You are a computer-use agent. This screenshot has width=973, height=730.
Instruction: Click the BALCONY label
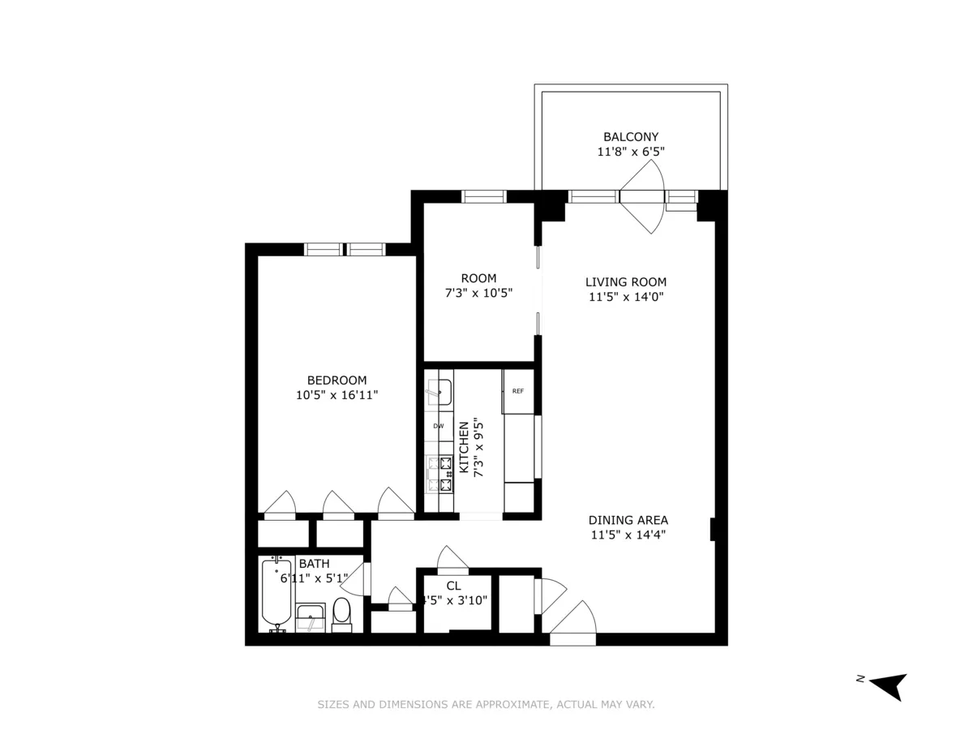pyautogui.click(x=631, y=137)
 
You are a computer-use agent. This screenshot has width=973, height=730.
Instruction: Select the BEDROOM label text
pyautogui.click(x=336, y=380)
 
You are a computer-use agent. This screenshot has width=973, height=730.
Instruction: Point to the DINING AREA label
pyautogui.click(x=628, y=520)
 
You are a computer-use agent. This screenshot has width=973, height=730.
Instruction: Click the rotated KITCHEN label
pyautogui.click(x=465, y=447)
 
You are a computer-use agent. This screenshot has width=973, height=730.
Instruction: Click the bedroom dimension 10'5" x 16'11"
pyautogui.click(x=336, y=395)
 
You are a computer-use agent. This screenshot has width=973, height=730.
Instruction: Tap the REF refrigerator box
pyautogui.click(x=517, y=391)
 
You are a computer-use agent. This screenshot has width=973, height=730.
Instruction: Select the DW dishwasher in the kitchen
pyautogui.click(x=439, y=426)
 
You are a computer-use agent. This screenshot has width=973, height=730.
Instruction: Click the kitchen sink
pyautogui.click(x=439, y=392)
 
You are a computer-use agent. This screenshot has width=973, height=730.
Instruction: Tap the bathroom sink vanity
pyautogui.click(x=311, y=618)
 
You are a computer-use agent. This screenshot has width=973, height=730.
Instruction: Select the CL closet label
pyautogui.click(x=453, y=586)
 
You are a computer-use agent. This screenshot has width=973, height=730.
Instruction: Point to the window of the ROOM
pyautogui.click(x=484, y=196)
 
